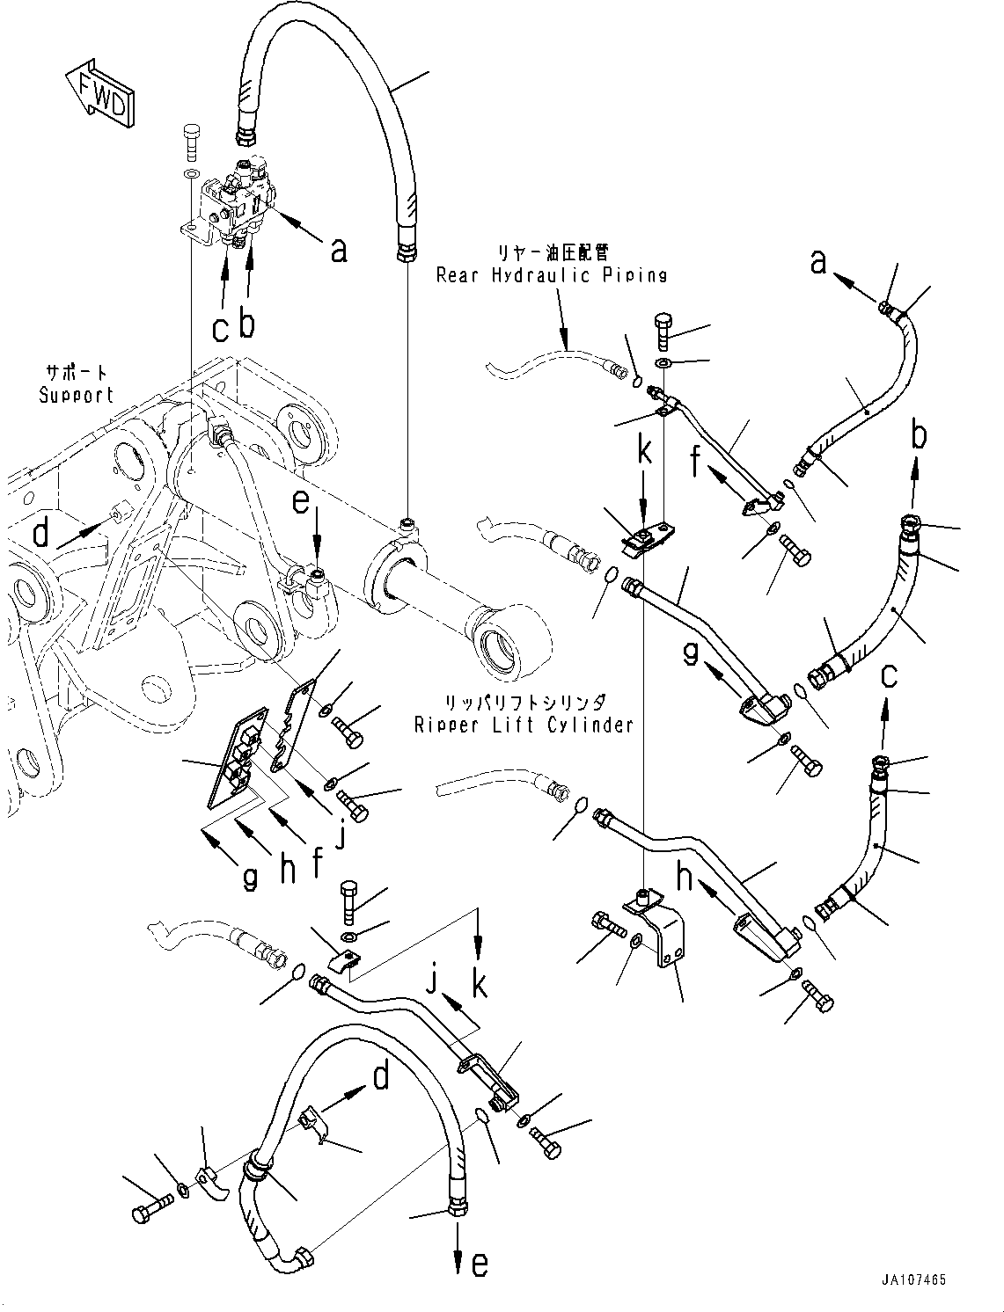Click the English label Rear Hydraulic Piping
point(551,275)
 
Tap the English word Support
point(77,395)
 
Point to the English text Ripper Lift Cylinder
point(524,725)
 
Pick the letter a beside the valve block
point(337,252)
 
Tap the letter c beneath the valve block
point(221,329)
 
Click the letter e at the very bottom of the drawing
point(479,1265)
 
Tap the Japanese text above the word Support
point(76,372)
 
